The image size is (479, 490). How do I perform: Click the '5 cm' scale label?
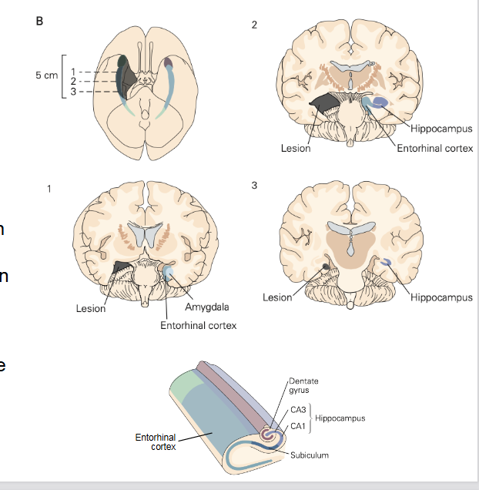pos(46,76)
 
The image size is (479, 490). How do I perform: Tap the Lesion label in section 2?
pos(296,148)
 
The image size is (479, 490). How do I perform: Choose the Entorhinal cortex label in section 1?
pos(198,325)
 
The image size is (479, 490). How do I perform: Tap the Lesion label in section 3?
pos(277,297)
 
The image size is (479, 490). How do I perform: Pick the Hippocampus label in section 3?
pos(441,297)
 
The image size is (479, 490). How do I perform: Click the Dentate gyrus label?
pos(303,386)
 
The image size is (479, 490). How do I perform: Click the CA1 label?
pos(297,425)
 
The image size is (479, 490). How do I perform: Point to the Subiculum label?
pos(310,455)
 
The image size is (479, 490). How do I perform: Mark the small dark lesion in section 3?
pos(327,267)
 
